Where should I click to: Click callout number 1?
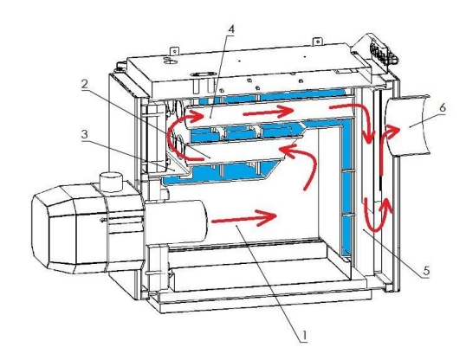[304, 336]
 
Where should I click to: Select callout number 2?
[85, 85]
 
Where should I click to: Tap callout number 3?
[85, 134]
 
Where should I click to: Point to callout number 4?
[231, 29]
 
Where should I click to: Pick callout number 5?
[426, 271]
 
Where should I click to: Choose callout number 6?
[443, 107]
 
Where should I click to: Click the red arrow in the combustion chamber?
[244, 218]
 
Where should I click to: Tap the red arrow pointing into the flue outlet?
[386, 149]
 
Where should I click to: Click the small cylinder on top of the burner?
[111, 181]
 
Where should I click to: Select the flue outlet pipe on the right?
[408, 125]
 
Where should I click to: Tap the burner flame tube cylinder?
[176, 222]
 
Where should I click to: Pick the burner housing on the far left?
[87, 228]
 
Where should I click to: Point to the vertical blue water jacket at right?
[346, 190]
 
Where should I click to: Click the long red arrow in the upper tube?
[269, 112]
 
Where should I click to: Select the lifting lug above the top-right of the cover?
[317, 42]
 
